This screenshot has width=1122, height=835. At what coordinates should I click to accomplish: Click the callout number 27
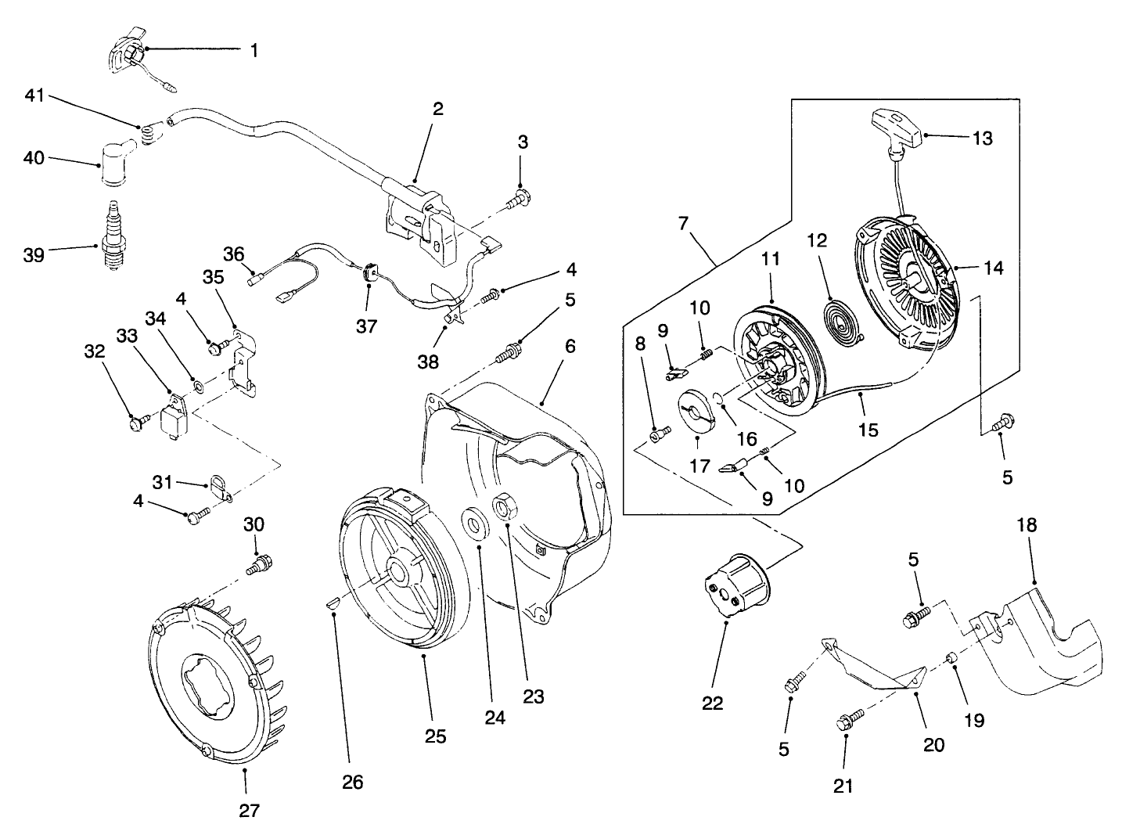tap(248, 812)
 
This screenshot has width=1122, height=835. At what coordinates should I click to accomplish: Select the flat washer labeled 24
tap(473, 523)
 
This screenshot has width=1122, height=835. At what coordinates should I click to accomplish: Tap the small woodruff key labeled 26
tap(332, 603)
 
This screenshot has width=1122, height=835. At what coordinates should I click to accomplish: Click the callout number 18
tap(1026, 525)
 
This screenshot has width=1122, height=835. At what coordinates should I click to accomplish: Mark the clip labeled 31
tap(221, 488)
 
